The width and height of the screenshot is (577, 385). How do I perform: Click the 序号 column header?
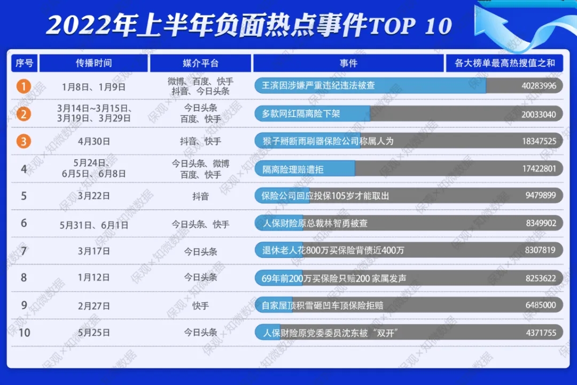pos(24,63)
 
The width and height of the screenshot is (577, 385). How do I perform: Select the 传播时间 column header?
pos(93,63)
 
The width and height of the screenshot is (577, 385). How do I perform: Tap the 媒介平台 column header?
pos(200,63)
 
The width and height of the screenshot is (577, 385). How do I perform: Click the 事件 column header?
pos(348,63)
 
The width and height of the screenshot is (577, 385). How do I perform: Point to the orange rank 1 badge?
pos(24,86)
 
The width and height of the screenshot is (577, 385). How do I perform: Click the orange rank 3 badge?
pos(24,141)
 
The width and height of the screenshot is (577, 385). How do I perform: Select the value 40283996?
pos(539,86)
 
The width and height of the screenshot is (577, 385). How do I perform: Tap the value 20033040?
pos(539,114)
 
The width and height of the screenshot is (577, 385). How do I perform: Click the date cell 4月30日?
pos(93,142)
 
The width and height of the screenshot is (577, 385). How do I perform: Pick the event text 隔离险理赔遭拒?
pos(293,169)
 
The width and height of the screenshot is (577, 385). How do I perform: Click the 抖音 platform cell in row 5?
pos(200,196)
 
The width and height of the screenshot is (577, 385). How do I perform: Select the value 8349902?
pos(541,224)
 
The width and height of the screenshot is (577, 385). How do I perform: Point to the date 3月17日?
pos(93,251)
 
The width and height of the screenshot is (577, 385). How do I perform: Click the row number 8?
pos(24,278)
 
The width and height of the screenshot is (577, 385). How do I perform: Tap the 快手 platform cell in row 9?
pos(200,306)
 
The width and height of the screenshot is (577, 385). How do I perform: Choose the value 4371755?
pos(541,333)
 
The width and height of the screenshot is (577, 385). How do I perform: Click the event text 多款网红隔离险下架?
pos(301,114)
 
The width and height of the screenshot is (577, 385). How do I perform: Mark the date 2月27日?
pos(93,306)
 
